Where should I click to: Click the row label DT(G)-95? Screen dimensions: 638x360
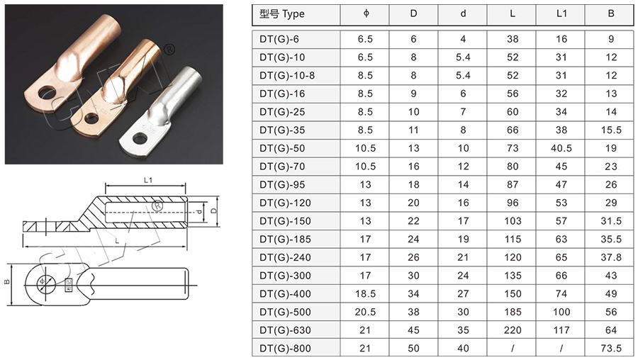coord(282,185)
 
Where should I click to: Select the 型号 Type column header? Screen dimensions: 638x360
coord(282,14)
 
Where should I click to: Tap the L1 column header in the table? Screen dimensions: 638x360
coord(561,13)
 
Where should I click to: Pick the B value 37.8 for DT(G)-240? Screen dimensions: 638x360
coord(611,257)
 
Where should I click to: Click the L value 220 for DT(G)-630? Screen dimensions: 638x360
coord(513,330)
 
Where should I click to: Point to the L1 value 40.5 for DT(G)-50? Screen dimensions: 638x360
coord(561,149)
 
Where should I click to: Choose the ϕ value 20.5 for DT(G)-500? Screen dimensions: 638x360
coord(365,312)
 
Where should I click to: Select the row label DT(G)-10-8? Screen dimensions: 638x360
coord(287,76)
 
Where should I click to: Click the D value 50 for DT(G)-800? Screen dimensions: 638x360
coord(413,349)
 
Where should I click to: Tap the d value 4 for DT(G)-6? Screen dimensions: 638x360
coord(463,39)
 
